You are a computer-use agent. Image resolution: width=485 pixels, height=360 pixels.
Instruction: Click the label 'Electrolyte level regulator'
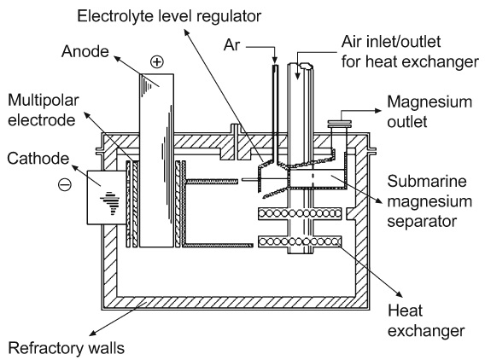(168, 15)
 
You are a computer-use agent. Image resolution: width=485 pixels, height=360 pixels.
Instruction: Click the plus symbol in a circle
(155, 62)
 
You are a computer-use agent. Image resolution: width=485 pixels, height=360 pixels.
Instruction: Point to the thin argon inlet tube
(275, 102)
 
